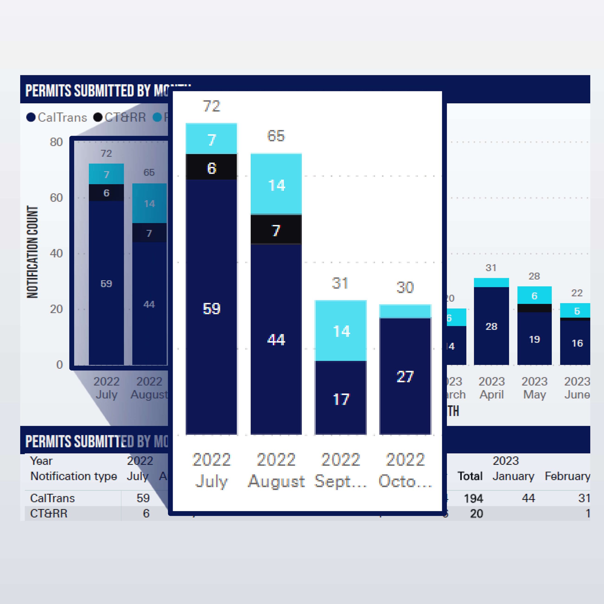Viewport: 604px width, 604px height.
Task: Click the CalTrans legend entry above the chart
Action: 57,118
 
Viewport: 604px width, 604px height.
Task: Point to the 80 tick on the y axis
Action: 56,142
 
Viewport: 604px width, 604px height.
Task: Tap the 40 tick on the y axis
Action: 56,253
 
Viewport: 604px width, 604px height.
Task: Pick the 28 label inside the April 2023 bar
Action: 491,326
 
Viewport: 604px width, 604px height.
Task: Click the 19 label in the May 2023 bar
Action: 534,339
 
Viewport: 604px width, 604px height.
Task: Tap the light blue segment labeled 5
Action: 577,311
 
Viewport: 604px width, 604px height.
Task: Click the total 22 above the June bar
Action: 577,293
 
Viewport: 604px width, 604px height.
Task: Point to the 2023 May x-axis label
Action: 534,388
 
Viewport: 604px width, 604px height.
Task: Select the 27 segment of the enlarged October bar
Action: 405,376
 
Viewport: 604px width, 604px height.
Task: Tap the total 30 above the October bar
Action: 405,287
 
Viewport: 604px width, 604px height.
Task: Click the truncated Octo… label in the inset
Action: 405,481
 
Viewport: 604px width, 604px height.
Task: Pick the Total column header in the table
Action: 470,476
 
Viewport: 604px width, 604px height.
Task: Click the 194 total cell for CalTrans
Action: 473,498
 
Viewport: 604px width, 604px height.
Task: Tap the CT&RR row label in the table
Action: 49,514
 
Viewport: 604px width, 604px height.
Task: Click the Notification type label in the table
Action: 73,476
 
